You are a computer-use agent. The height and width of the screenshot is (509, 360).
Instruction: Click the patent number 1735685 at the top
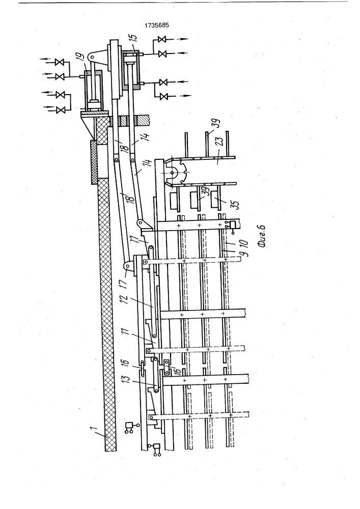157,25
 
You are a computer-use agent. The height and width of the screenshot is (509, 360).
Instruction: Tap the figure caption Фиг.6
261,236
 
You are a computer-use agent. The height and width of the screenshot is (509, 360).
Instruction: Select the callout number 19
82,59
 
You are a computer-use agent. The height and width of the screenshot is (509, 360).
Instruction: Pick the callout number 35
235,205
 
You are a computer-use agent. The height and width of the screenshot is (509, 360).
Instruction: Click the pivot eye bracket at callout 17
128,268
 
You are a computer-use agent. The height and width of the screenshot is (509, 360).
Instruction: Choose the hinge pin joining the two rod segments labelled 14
133,159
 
